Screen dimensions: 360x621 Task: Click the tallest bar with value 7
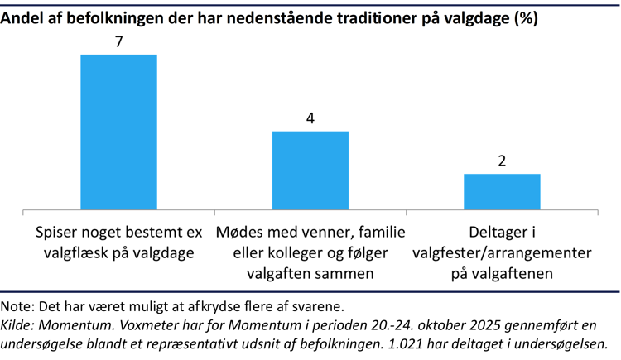[x=118, y=131]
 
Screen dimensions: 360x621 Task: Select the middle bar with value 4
[x=310, y=169]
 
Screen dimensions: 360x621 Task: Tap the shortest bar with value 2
[x=502, y=190]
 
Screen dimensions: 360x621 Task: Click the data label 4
[x=310, y=118]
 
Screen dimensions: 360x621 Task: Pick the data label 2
[x=502, y=161]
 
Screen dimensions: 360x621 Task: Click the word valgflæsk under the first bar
[x=77, y=253]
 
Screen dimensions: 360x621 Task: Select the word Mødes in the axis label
[x=240, y=233]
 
